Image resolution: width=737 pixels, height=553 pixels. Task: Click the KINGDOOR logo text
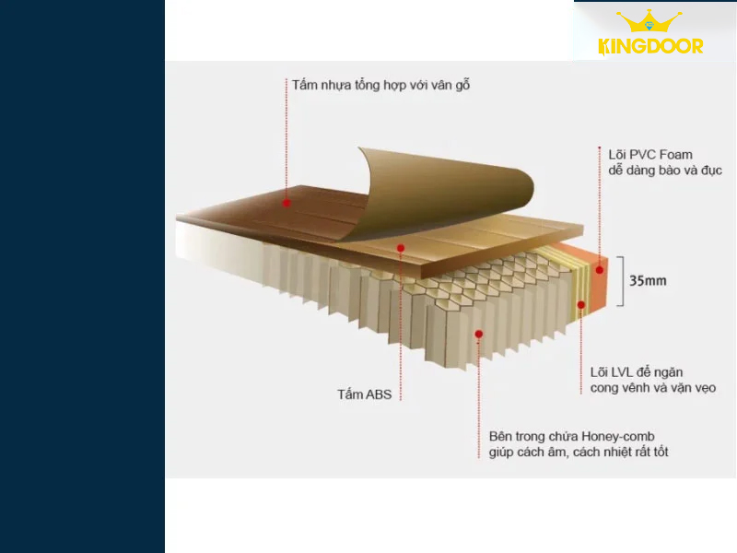(650, 47)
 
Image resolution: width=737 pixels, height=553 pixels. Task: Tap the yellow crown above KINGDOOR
(649, 20)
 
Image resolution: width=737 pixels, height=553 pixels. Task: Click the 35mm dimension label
(648, 281)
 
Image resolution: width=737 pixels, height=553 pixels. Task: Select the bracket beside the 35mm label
(622, 281)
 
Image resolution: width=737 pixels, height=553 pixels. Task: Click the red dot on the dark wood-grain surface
(287, 203)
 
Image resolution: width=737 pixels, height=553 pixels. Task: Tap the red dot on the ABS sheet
(401, 248)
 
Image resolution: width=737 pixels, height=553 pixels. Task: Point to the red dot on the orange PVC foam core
(600, 270)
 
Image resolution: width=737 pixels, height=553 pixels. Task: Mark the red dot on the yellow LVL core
(581, 305)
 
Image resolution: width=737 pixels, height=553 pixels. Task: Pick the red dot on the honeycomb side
(478, 334)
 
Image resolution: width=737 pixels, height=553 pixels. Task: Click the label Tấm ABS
(364, 394)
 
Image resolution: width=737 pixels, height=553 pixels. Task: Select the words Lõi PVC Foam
(650, 155)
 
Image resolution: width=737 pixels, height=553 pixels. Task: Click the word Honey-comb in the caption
(618, 437)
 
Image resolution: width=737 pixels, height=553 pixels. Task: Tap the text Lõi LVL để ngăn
(637, 372)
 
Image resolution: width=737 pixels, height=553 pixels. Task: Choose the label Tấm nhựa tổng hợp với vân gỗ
(380, 85)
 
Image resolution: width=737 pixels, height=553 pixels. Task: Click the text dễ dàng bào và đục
(665, 171)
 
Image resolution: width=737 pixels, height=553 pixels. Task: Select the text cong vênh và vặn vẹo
(653, 388)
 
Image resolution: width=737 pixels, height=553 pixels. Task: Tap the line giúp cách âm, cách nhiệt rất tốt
(579, 453)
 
